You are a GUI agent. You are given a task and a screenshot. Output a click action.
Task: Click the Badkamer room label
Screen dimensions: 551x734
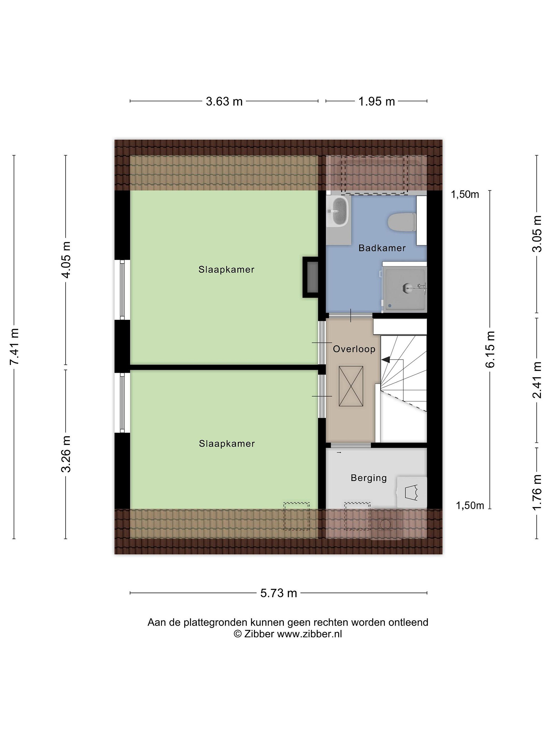(382, 248)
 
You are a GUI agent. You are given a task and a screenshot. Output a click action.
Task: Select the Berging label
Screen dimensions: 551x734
(369, 478)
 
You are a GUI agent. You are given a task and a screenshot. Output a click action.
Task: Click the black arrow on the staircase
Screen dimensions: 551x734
(386, 359)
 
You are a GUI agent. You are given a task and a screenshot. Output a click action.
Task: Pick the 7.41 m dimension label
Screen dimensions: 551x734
(14, 346)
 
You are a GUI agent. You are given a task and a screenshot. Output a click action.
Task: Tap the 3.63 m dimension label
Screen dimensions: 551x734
(224, 101)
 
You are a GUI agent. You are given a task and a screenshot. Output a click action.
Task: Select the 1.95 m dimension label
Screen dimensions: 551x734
(376, 101)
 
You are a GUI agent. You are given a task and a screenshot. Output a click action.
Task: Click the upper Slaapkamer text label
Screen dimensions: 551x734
(226, 269)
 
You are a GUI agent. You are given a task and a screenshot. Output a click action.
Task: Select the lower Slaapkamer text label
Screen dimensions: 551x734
(227, 444)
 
